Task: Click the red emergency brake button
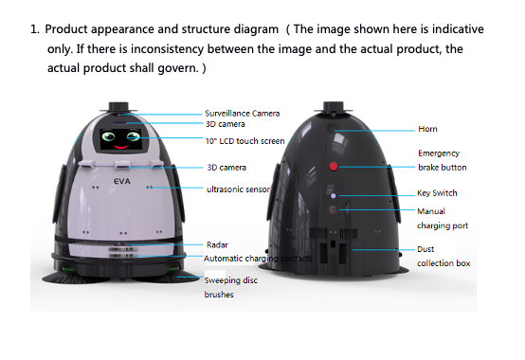click(x=334, y=167)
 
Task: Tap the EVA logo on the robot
click(x=122, y=182)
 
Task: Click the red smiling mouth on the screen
click(x=121, y=147)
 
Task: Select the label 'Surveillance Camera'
click(x=242, y=114)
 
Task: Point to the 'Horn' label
click(x=427, y=129)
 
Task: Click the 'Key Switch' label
click(x=437, y=193)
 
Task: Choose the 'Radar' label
click(x=217, y=245)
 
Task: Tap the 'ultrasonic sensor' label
click(x=238, y=189)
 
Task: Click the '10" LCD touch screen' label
click(x=245, y=141)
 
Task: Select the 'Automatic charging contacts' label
click(x=258, y=259)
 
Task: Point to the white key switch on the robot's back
click(x=334, y=196)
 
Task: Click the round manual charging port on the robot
click(x=333, y=209)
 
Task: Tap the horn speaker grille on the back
click(x=333, y=128)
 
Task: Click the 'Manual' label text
click(x=431, y=211)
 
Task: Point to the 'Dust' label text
click(x=425, y=249)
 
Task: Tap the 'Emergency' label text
click(x=439, y=153)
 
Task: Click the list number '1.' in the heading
click(x=35, y=29)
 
